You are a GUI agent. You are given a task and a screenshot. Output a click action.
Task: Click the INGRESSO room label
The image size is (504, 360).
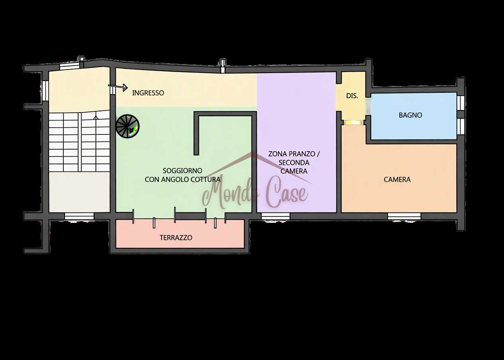(148, 93)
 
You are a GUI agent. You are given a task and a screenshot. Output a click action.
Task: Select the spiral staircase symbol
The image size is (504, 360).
(127, 126)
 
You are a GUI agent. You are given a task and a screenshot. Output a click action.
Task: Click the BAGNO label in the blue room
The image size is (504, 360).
(410, 115)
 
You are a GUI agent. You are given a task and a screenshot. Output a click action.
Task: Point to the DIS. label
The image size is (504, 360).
(352, 96)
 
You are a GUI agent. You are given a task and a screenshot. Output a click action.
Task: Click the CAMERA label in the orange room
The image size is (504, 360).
(397, 179)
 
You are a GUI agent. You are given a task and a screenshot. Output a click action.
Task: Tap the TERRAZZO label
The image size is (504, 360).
(176, 237)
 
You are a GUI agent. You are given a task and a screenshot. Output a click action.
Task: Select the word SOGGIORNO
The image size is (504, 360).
(182, 171)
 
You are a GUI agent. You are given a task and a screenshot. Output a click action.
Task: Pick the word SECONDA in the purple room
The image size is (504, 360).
(294, 162)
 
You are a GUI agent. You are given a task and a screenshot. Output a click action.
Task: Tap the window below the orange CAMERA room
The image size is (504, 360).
(404, 216)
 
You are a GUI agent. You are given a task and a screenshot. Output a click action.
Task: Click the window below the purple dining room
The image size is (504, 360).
(275, 216)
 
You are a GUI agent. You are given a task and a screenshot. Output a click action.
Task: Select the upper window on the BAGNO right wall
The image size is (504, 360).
(461, 103)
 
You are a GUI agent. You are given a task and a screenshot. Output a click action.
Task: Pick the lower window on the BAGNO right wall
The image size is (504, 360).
(461, 126)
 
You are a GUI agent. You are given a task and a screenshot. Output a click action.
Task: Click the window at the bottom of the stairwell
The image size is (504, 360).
(79, 216)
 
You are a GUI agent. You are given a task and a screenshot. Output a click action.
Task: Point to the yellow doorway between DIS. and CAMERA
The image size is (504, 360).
(353, 123)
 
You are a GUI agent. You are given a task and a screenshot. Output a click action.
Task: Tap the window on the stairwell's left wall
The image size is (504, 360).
(45, 91)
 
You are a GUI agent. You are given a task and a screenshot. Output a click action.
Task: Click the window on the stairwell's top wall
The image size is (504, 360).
(70, 66)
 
